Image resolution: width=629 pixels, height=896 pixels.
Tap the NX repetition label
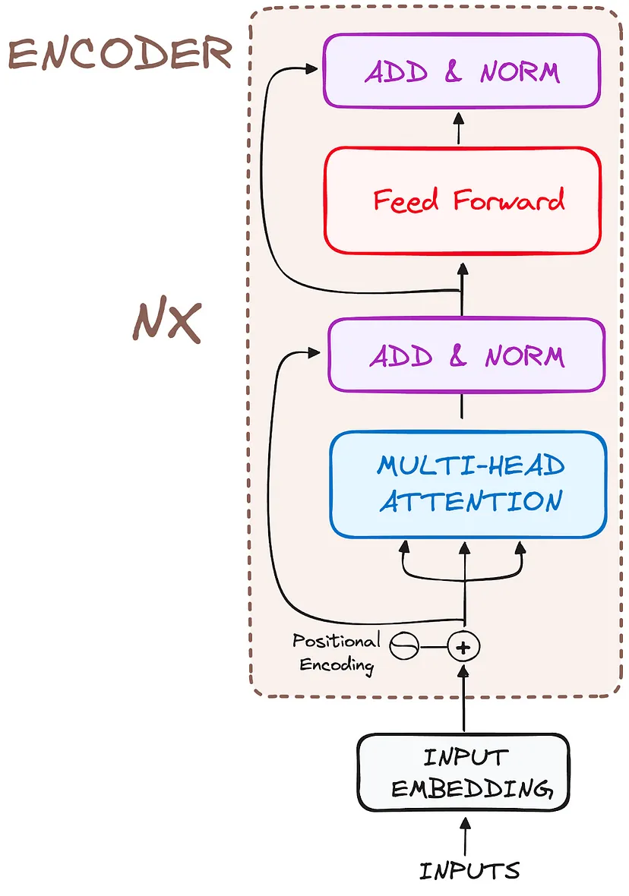[168, 323]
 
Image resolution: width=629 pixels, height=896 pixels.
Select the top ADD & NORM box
[462, 71]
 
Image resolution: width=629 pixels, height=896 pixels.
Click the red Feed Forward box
[462, 200]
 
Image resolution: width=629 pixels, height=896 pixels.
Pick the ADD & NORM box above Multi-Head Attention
[466, 356]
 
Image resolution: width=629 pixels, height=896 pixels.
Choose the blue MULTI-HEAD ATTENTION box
[468, 484]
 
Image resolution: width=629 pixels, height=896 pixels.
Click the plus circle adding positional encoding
[463, 646]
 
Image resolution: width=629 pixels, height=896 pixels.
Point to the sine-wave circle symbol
[404, 646]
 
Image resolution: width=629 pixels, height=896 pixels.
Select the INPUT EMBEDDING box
[463, 771]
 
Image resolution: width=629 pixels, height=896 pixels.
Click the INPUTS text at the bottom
[469, 869]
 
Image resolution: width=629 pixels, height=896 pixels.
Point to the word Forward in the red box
[509, 200]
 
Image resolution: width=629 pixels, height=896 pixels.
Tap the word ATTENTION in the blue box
[471, 502]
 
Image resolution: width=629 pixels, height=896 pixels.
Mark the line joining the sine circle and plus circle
[433, 647]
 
